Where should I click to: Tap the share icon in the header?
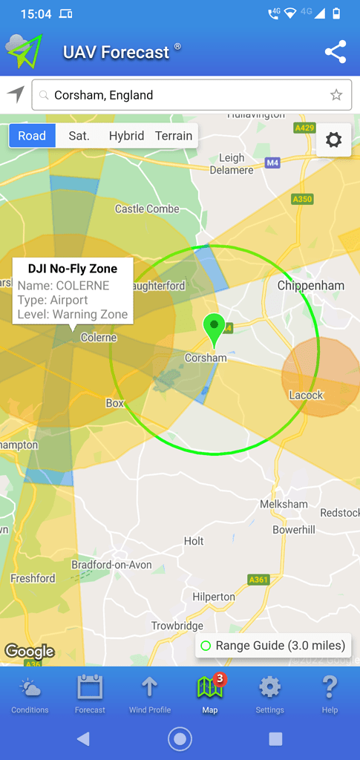[x=336, y=52]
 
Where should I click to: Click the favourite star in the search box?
[x=336, y=95]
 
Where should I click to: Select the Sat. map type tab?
[x=79, y=136]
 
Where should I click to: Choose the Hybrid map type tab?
[x=126, y=136]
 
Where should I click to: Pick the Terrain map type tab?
[x=174, y=136]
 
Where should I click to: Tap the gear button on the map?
[x=333, y=140]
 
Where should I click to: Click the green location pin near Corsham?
[x=214, y=328]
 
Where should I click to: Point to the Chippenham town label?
[x=311, y=286]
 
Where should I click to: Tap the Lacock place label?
[x=307, y=395]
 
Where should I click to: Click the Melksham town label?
[x=284, y=504]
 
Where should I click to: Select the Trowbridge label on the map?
[x=177, y=626]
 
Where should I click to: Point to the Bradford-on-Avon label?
[x=111, y=565]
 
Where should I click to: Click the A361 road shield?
[x=258, y=580]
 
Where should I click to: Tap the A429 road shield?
[x=304, y=128]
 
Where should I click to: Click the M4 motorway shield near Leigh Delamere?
[x=272, y=163]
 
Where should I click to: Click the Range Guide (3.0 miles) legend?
[x=273, y=646]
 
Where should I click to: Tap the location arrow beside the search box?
[x=16, y=94]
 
